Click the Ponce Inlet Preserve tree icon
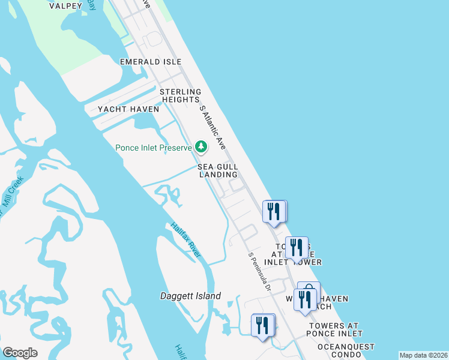(200, 147)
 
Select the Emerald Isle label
(142, 62)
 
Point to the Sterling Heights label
(179, 95)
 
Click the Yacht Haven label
(129, 109)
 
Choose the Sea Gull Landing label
(218, 170)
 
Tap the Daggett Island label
(190, 296)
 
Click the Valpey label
(65, 6)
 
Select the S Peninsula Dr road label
(260, 272)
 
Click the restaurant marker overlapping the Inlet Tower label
(297, 247)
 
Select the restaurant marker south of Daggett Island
(262, 325)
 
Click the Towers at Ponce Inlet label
(336, 329)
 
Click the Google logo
(20, 353)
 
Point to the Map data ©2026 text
(423, 355)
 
